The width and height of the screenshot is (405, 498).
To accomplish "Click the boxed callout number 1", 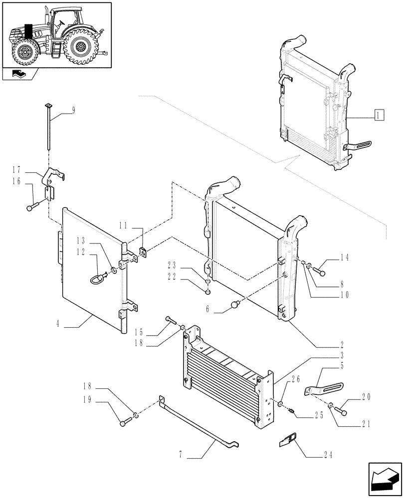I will [x=379, y=116].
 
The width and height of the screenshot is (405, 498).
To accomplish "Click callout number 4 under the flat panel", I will [x=58, y=324].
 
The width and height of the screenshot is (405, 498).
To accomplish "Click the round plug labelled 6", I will [x=235, y=304].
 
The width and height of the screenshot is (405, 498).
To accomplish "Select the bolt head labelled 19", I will [x=123, y=424].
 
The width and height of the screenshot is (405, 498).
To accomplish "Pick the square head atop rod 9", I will [x=48, y=106].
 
